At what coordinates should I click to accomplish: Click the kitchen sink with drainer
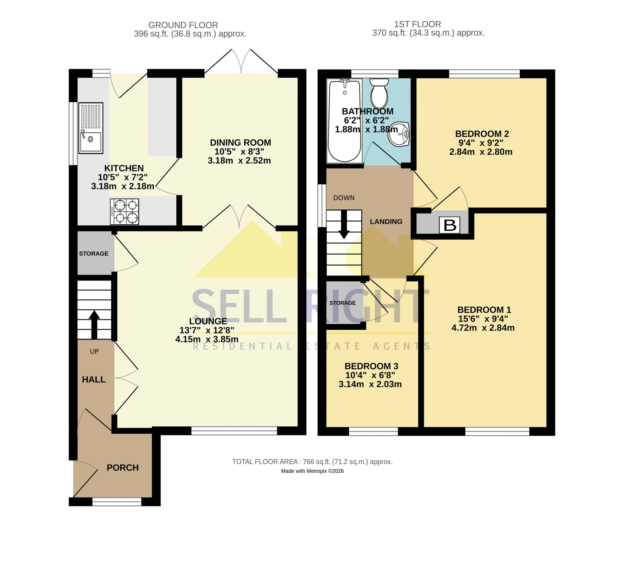pyautogui.click(x=90, y=128)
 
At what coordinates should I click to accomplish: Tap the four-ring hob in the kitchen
pyautogui.click(x=124, y=211)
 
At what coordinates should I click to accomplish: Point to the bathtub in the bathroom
pyautogui.click(x=344, y=121)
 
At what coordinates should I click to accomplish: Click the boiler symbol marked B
pyautogui.click(x=449, y=225)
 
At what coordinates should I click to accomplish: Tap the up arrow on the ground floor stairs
pyautogui.click(x=94, y=324)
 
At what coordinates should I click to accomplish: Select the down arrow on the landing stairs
pyautogui.click(x=344, y=224)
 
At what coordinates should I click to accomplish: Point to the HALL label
pyautogui.click(x=94, y=380)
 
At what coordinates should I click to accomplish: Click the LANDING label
pyautogui.click(x=386, y=221)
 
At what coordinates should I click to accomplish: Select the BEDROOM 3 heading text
pyautogui.click(x=371, y=366)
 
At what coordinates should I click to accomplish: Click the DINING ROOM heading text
pyautogui.click(x=240, y=143)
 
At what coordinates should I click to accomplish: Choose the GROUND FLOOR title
pyautogui.click(x=183, y=25)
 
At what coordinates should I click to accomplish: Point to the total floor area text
pyautogui.click(x=312, y=462)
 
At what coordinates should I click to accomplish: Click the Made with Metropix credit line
pyautogui.click(x=312, y=471)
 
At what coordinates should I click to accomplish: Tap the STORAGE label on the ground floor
pyautogui.click(x=94, y=254)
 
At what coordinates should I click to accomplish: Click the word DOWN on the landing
pyautogui.click(x=344, y=198)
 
